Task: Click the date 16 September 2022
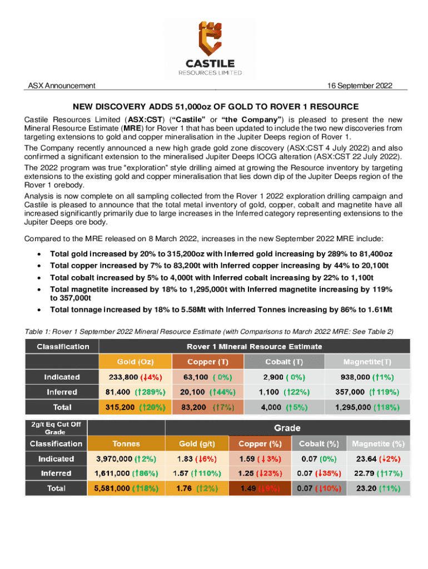[x=360, y=86]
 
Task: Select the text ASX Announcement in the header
[x=62, y=86]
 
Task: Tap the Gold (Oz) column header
[x=134, y=362]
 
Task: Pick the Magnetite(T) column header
[x=367, y=362]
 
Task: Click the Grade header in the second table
[x=287, y=428]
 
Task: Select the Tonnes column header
[x=126, y=443]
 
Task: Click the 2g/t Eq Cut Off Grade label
[x=56, y=428]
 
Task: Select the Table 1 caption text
[x=209, y=332]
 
